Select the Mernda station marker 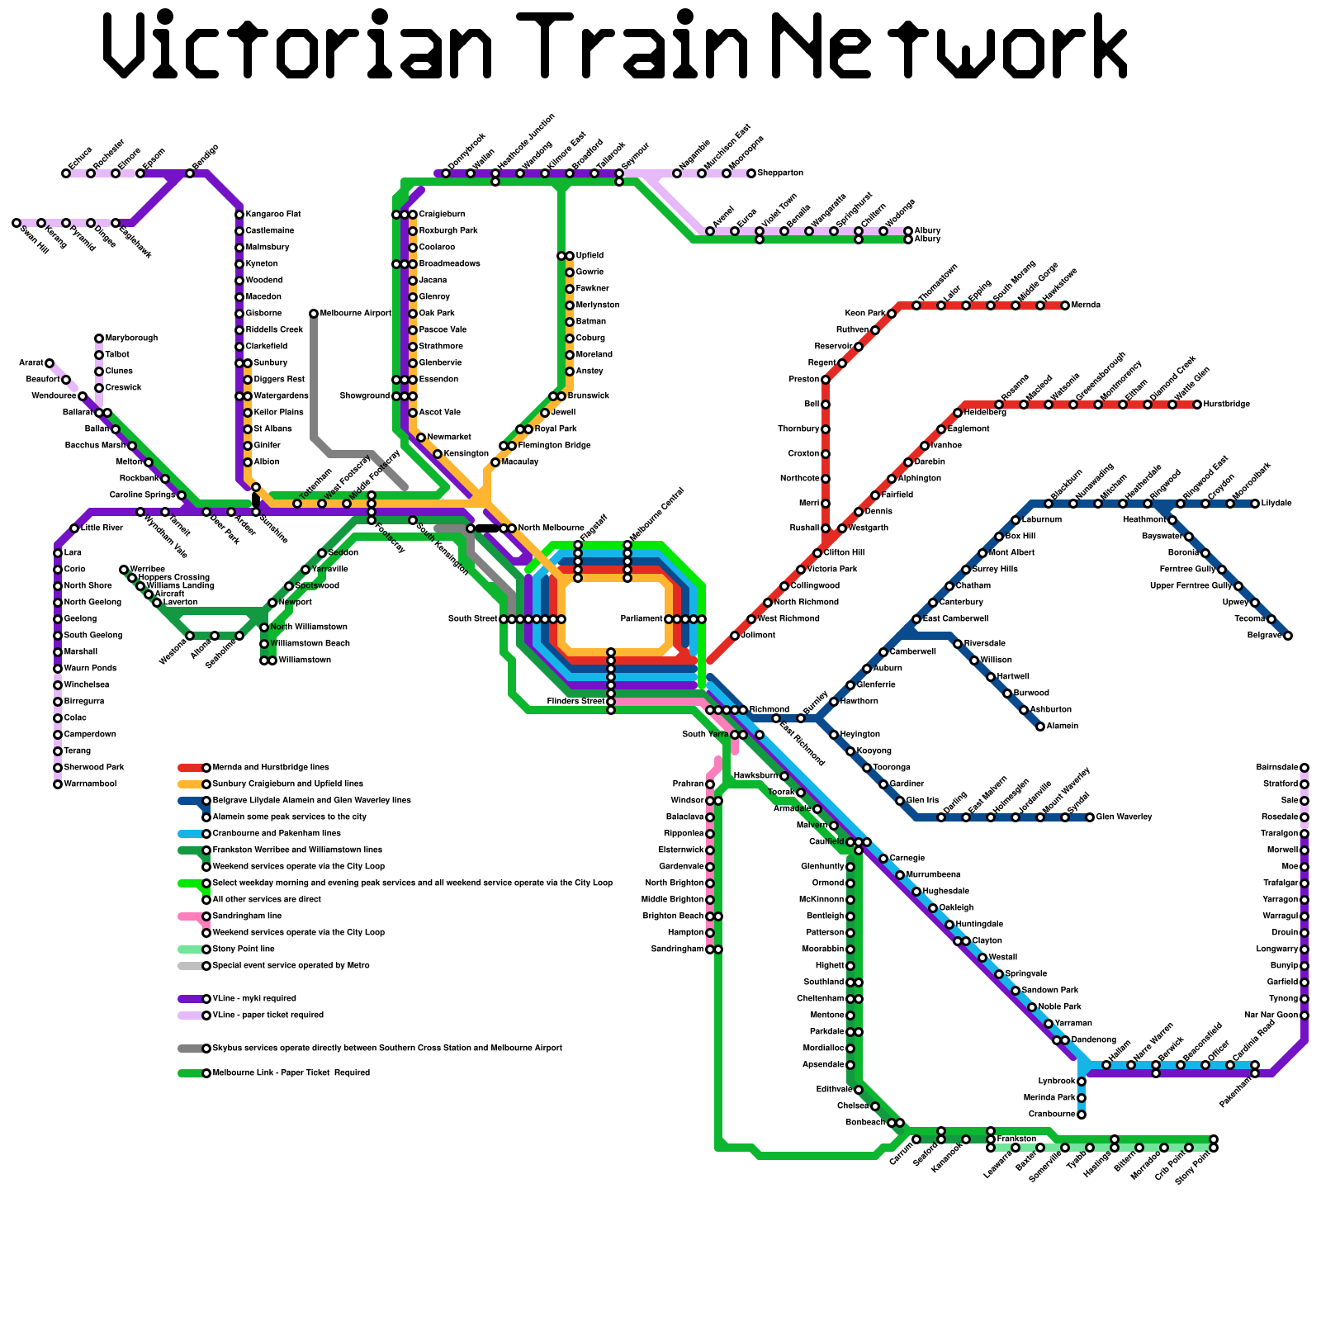pos(1065,305)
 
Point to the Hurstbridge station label pos(1227,405)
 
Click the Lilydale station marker pos(1255,504)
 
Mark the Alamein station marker pos(1040,727)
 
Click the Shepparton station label pos(780,173)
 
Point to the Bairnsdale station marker pos(1304,768)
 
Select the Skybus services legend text pos(387,1049)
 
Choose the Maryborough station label pos(131,339)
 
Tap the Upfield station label pos(589,256)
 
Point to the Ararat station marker pos(50,363)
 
